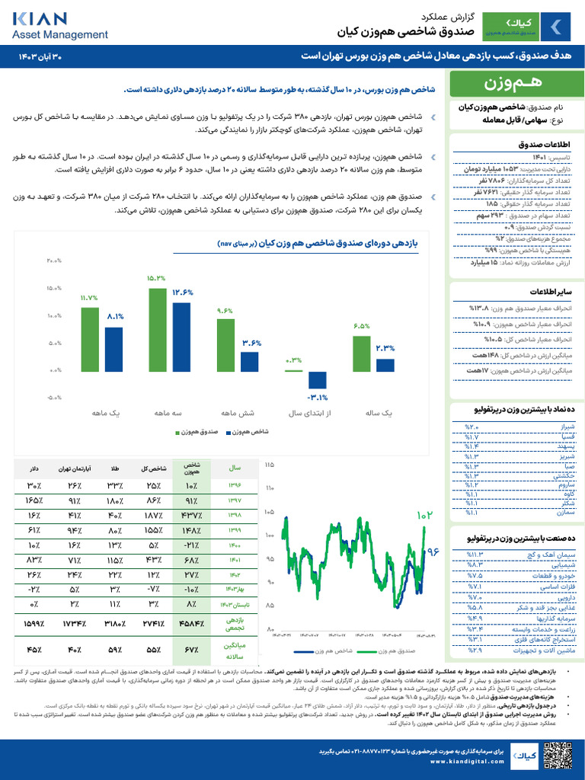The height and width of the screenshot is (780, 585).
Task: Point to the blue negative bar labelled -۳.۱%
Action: click(x=317, y=379)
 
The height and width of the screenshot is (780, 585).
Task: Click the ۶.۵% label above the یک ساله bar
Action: click(x=361, y=326)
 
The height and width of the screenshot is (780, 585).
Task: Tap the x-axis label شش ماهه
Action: click(x=237, y=413)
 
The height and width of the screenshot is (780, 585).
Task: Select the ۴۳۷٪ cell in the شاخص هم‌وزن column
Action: click(x=190, y=516)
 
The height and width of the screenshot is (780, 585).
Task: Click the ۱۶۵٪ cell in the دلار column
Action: click(x=34, y=500)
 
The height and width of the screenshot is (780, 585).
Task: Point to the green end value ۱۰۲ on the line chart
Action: click(x=424, y=516)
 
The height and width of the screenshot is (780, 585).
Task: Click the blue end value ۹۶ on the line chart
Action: click(x=433, y=551)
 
